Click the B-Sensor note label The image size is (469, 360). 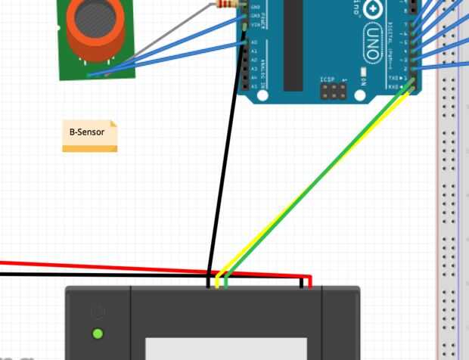[88, 132]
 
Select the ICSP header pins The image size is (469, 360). [331, 92]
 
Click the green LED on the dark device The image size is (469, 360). [97, 334]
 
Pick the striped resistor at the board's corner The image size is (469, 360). [227, 5]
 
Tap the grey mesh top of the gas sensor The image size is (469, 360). [92, 14]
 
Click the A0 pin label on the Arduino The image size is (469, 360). [253, 42]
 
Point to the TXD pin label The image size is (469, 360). [393, 78]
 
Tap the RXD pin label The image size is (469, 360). [393, 86]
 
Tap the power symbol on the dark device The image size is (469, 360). [97, 311]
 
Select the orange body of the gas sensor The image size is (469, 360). [91, 38]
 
